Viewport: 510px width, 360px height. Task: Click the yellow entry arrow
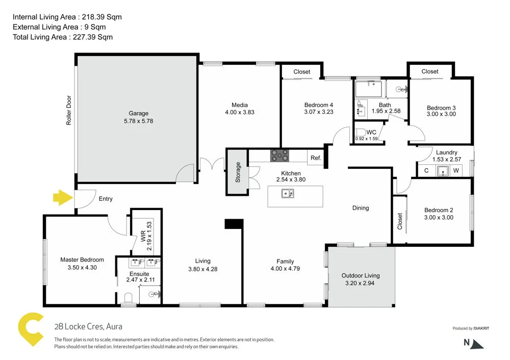[63, 197]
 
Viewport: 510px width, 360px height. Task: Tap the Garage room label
[138, 113]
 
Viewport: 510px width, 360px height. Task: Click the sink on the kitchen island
[288, 194]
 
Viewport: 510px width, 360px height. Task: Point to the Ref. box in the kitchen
[316, 158]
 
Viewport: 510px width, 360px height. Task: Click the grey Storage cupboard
[238, 172]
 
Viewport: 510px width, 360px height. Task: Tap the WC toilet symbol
[360, 136]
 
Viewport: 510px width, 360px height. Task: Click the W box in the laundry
[456, 171]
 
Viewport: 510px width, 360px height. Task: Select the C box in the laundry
[426, 171]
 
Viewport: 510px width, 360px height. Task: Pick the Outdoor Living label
[361, 275]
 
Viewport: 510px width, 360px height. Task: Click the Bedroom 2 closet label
[400, 221]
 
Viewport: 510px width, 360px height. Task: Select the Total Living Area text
[63, 37]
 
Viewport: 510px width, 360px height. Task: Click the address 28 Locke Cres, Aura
[88, 327]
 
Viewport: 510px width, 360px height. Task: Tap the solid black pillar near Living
[234, 223]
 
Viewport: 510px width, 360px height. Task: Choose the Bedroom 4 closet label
[302, 72]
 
